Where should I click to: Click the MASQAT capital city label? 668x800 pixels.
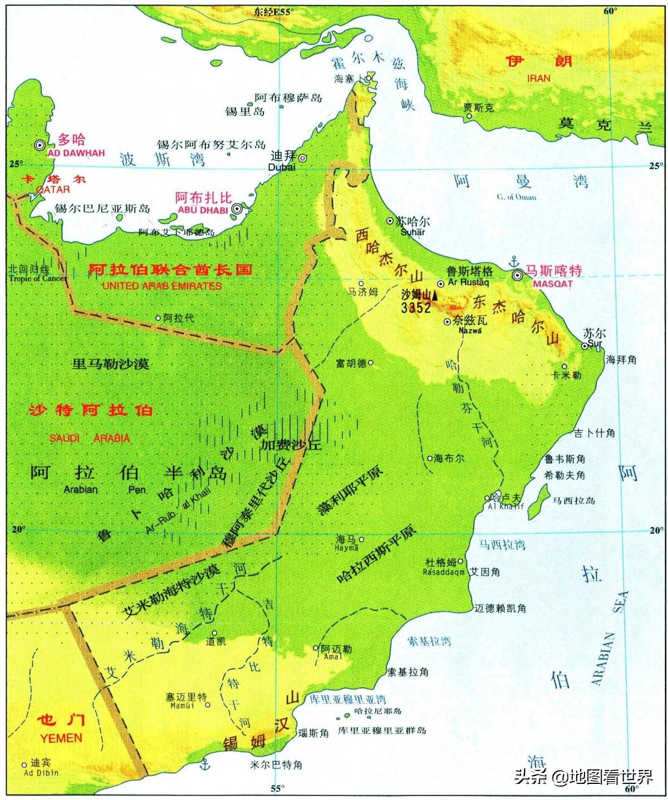coord(552,284)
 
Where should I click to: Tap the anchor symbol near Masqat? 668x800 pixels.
coord(514,261)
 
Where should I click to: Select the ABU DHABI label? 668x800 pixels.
coord(203,210)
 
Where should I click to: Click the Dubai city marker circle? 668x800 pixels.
coord(303,158)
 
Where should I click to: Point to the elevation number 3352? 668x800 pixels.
coord(416,308)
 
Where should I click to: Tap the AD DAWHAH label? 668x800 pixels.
coord(76,153)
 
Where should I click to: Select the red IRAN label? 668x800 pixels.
coord(538,78)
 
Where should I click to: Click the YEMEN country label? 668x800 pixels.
coord(61,738)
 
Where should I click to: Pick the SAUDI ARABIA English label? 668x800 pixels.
coord(90,438)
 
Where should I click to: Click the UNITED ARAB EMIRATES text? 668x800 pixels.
coord(161,286)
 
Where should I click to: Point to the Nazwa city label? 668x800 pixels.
coord(470,330)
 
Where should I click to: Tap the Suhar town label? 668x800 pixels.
coord(412,232)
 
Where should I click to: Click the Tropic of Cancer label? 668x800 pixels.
coord(37,278)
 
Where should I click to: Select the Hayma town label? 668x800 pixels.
coord(346,548)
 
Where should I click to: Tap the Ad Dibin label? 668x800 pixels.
coord(41,773)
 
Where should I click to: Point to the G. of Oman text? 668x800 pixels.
coord(517,197)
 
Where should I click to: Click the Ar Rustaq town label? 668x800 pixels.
coord(468,282)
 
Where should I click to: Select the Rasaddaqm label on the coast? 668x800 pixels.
coord(444,572)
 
